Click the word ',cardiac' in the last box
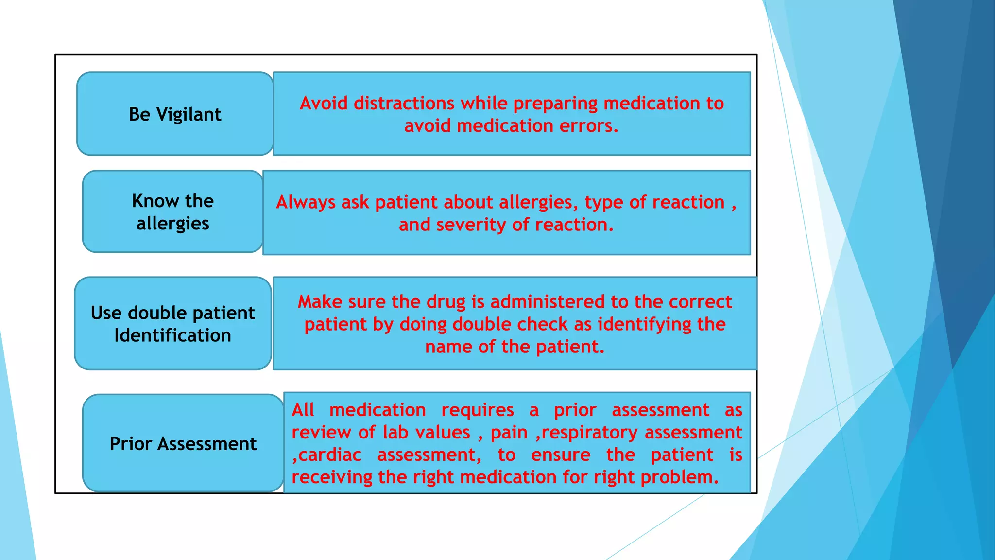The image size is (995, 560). (x=326, y=455)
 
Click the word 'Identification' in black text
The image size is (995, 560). (x=172, y=336)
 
